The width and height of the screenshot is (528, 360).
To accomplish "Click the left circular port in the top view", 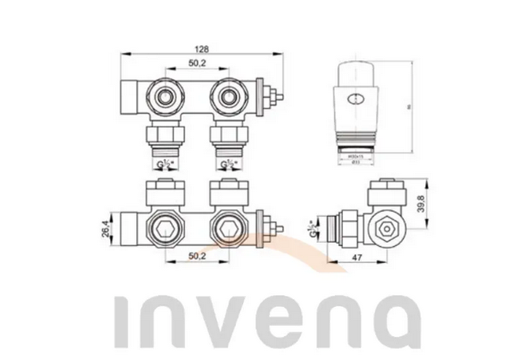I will coord(165,97).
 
